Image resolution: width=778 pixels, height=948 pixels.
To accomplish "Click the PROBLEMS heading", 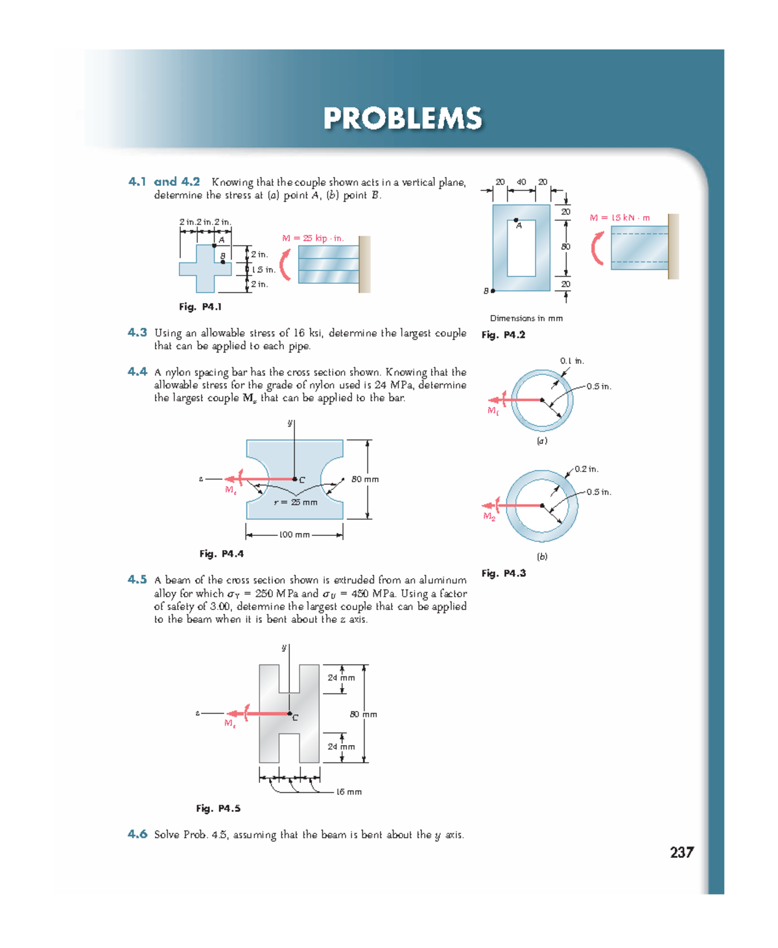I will point(403,119).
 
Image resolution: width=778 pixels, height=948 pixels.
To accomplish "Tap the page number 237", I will point(681,852).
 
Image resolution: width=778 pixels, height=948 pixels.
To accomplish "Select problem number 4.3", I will point(137,332).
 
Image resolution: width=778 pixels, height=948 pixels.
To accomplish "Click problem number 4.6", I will point(137,834).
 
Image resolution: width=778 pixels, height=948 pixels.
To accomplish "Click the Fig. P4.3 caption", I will point(503,573).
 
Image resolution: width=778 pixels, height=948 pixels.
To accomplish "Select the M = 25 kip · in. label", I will point(312,238).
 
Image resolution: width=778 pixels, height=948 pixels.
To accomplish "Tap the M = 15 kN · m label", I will point(619,218).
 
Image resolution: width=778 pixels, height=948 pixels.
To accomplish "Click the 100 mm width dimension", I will point(294,535).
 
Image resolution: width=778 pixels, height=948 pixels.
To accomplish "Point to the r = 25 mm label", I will point(295,502).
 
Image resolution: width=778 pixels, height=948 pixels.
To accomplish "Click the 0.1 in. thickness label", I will point(572,361).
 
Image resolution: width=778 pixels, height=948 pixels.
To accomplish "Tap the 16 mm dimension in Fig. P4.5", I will point(349,792).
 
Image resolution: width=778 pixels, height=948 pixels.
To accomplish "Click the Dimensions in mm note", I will point(526,318).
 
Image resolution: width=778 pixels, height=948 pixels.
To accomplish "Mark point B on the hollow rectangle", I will point(493,291).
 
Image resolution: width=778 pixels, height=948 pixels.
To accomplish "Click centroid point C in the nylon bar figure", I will point(294,480).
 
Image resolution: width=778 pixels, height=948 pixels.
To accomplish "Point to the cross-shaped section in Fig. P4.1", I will point(205,268).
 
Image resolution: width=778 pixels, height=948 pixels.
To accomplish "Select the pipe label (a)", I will point(541,441).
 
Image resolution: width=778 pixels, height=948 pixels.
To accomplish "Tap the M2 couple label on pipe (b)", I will point(489,516).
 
